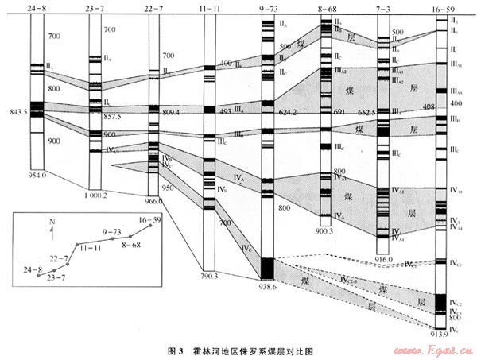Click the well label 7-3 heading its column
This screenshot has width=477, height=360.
(385, 9)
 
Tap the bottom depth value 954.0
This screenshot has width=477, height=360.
(37, 174)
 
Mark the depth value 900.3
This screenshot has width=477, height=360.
(326, 231)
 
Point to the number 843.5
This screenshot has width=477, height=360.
(14, 111)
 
